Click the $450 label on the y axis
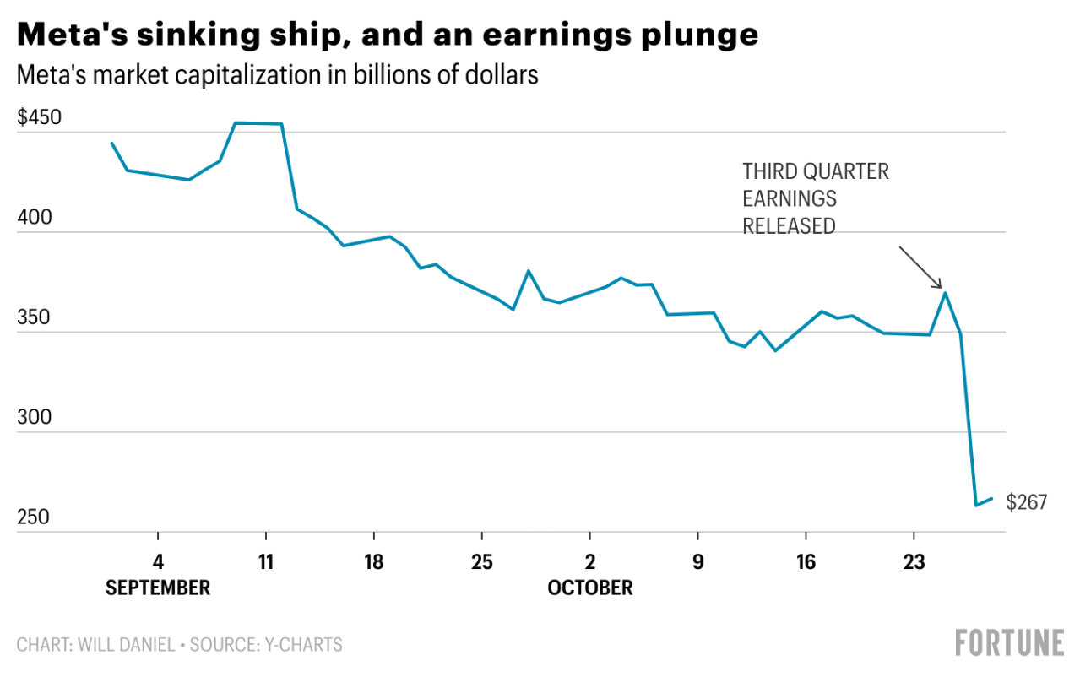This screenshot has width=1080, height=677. tap(39, 117)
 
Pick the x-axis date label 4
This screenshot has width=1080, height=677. tap(158, 562)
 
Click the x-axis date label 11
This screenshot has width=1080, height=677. tap(266, 562)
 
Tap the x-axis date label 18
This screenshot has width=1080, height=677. tap(374, 562)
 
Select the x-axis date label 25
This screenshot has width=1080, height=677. tap(481, 562)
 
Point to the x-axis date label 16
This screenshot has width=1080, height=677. tap(806, 562)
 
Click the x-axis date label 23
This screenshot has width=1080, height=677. tap(914, 562)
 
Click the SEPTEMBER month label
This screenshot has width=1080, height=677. tap(158, 588)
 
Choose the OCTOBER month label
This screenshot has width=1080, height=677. tap(589, 588)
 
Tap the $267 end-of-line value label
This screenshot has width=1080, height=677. tap(1027, 503)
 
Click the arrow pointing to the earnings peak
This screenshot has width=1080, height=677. tap(920, 268)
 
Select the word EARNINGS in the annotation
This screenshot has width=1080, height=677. tap(790, 199)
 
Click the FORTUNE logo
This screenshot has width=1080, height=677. tap(1009, 643)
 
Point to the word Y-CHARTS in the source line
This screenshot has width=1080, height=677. tap(302, 646)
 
